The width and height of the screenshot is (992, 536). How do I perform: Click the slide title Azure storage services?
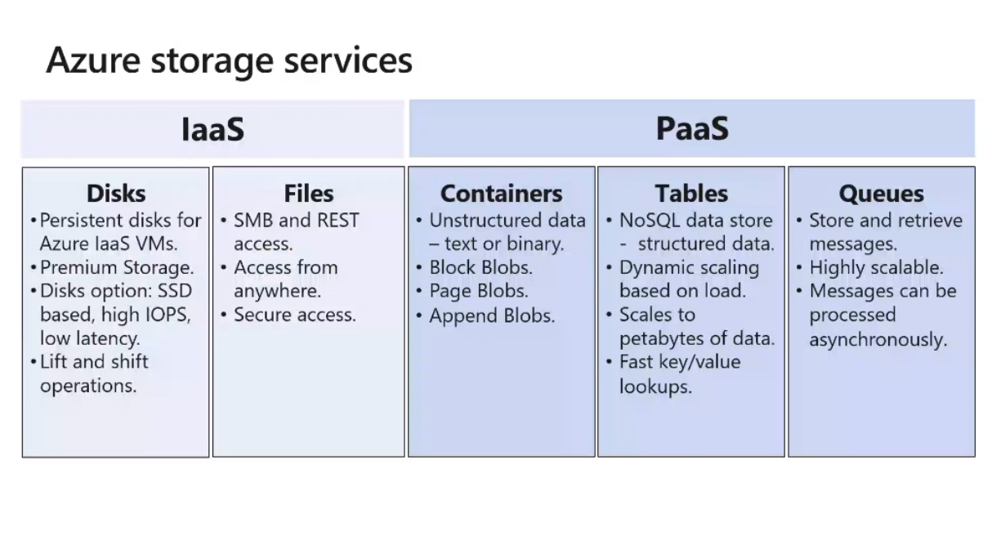tap(229, 61)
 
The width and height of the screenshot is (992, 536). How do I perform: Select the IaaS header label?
tap(212, 129)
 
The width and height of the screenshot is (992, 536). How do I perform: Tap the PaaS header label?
tap(692, 129)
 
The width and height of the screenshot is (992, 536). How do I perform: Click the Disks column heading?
tap(116, 194)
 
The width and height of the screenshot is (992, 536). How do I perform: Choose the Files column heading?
tap(309, 194)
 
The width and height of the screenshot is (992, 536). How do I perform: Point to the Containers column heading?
tap(501, 194)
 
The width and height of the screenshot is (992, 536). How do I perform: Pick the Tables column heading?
tap(690, 194)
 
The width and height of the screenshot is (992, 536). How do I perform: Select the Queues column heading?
tap(881, 194)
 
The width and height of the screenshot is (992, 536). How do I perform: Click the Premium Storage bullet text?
tap(116, 267)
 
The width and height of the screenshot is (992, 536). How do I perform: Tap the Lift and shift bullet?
tap(94, 362)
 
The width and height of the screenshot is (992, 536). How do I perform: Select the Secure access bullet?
tap(294, 315)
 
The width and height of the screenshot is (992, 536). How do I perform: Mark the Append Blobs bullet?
tap(492, 315)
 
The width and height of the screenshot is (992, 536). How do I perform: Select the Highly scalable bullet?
tap(876, 267)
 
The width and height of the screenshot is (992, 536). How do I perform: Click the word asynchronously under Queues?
tap(878, 339)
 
